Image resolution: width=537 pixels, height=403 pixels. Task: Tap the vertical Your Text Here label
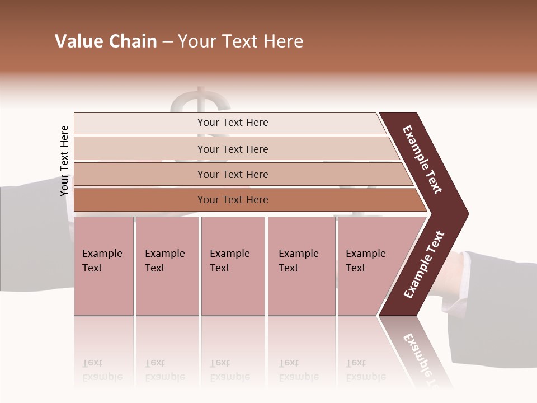pos(64,161)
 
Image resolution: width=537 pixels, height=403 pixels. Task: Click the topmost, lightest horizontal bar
pos(233,123)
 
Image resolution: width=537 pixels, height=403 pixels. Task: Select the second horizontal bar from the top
pos(233,149)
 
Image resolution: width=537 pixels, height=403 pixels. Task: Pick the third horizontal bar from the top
pos(233,174)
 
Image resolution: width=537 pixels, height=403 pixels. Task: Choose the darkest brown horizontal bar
pos(233,200)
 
